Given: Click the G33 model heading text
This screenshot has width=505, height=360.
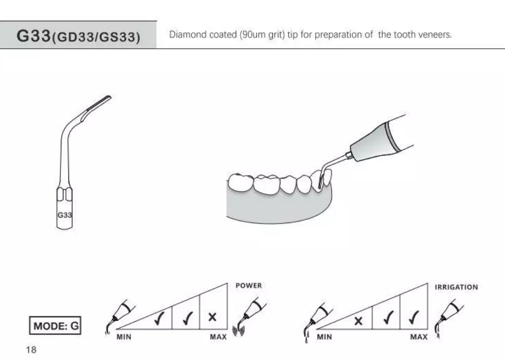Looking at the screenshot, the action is (x=78, y=36).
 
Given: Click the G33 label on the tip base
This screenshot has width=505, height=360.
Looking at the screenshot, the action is (x=64, y=215).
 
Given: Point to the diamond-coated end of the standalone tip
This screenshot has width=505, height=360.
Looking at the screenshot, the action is (x=99, y=103).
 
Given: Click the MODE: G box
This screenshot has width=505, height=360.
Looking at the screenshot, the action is (x=55, y=326).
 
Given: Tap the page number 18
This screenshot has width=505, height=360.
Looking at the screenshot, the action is (x=31, y=350).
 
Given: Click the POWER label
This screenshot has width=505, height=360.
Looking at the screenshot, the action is (x=249, y=285).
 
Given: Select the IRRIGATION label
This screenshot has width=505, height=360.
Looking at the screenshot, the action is (x=456, y=287).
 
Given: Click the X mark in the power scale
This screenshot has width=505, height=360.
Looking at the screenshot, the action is (x=212, y=317).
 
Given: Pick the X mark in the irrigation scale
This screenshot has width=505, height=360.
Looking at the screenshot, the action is (x=358, y=321).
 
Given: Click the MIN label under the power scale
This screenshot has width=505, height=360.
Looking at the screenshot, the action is (x=124, y=337).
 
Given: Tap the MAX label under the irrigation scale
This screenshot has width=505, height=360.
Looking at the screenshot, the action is (x=419, y=337).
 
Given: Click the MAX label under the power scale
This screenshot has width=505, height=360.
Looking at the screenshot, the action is (x=219, y=337).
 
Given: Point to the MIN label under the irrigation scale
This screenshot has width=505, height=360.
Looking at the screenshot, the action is (x=324, y=337).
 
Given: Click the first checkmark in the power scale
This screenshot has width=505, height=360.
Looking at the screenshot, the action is (x=159, y=318).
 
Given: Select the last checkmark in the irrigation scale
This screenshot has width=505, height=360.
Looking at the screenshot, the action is (x=413, y=318).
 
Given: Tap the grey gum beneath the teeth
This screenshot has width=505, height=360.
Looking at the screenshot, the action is (x=277, y=206).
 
